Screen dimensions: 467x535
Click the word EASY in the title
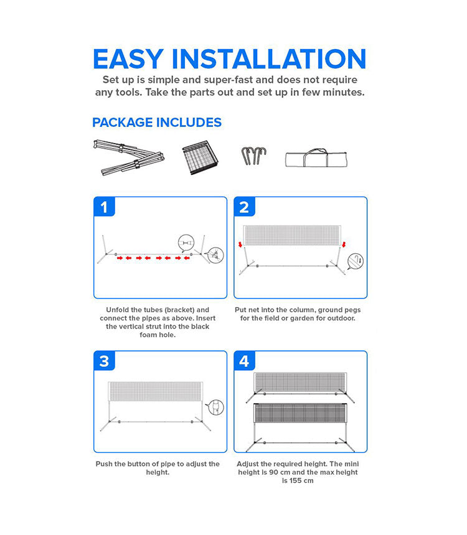click(x=128, y=59)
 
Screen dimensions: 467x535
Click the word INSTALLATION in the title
click(x=269, y=59)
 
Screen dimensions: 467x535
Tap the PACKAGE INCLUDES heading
click(x=157, y=123)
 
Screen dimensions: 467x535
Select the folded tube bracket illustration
click(x=129, y=157)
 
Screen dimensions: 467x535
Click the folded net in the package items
click(x=200, y=157)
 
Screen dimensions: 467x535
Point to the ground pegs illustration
click(x=253, y=156)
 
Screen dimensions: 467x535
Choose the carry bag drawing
click(x=316, y=158)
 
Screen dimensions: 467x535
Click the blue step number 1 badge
click(x=104, y=207)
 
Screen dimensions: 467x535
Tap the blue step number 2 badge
click(x=244, y=207)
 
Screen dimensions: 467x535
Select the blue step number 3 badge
click(x=104, y=361)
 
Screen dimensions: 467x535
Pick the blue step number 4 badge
click(x=244, y=361)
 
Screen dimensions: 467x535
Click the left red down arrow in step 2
click(x=240, y=244)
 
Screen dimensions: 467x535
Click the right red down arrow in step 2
click(x=344, y=244)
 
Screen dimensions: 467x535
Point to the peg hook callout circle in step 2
click(x=356, y=261)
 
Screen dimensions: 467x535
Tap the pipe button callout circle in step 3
click(x=216, y=407)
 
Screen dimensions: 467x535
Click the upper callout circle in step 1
click(x=186, y=243)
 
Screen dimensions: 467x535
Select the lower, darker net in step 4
click(x=300, y=413)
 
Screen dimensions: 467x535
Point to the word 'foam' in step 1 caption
click(x=148, y=335)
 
